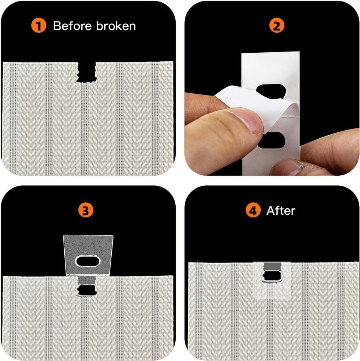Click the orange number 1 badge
(39, 26)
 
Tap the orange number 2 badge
(276, 26)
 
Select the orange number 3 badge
(86, 210)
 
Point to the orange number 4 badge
(253, 210)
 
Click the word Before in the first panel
(73, 26)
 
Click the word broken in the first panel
(116, 26)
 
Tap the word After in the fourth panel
(281, 211)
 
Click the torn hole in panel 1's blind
(87, 72)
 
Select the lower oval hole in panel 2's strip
(272, 140)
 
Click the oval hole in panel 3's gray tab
(88, 261)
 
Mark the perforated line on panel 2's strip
(291, 115)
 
